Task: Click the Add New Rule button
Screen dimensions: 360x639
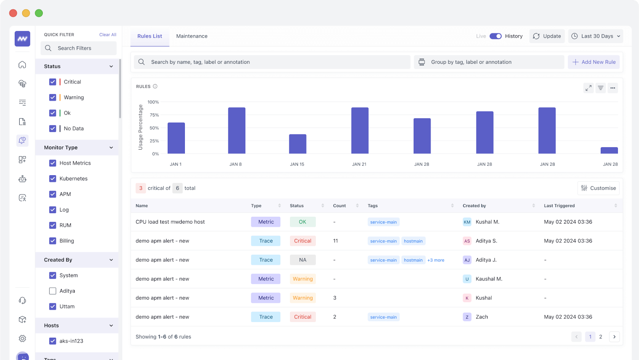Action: pos(593,62)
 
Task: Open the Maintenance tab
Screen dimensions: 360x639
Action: pos(192,36)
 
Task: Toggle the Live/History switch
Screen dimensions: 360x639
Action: pos(496,36)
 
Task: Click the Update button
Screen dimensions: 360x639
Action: pos(547,36)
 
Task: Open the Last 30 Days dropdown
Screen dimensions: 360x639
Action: pos(595,36)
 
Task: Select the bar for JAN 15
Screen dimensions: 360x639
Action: pos(298,144)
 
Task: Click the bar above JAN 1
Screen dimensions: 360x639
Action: pos(176,138)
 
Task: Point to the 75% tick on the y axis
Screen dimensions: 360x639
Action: pos(154,115)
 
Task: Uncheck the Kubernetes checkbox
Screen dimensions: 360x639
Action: pos(53,178)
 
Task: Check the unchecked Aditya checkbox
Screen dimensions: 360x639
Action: pos(53,291)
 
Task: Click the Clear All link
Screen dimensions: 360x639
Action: pos(108,35)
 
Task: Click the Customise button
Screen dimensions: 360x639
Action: pos(598,188)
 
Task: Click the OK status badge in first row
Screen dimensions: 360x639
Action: pos(303,222)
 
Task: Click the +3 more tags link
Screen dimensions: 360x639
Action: pos(436,260)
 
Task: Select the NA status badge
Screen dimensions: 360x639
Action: pos(303,260)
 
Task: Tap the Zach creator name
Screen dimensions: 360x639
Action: pos(482,317)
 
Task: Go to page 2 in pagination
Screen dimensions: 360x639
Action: pos(601,337)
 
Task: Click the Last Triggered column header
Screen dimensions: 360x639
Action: pos(559,206)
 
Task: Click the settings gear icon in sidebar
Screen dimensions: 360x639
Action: pos(22,338)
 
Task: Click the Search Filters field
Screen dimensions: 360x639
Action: pos(79,48)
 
